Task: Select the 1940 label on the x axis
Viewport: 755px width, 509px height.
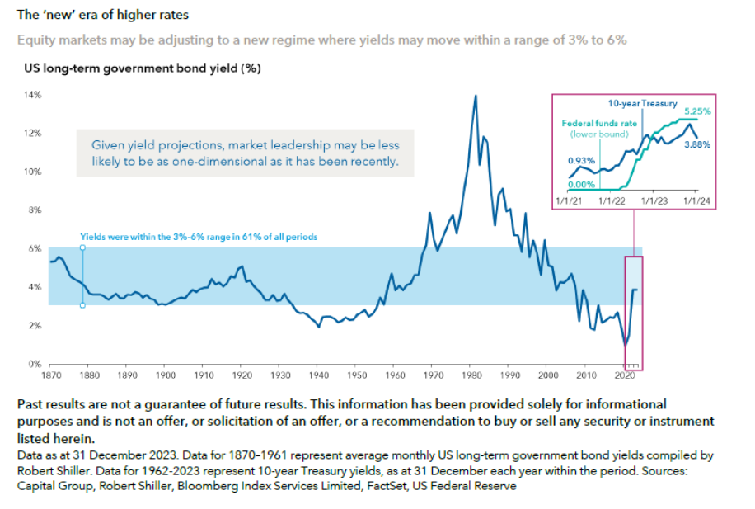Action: (x=318, y=375)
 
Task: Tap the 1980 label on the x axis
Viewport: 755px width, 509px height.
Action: (x=471, y=375)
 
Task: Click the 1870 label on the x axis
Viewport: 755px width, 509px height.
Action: (x=51, y=375)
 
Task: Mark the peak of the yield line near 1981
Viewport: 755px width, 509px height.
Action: (x=476, y=96)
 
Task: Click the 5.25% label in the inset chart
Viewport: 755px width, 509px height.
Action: (x=697, y=111)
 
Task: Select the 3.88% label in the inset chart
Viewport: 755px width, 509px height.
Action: (x=697, y=143)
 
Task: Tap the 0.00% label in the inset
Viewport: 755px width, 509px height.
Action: (x=581, y=184)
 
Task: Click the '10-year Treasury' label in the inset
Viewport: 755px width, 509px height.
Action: (x=643, y=104)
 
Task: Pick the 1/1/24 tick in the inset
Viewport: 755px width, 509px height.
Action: (x=696, y=200)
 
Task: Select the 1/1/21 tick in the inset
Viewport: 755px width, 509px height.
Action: (x=570, y=200)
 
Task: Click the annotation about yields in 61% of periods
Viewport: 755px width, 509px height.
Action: (x=199, y=237)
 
